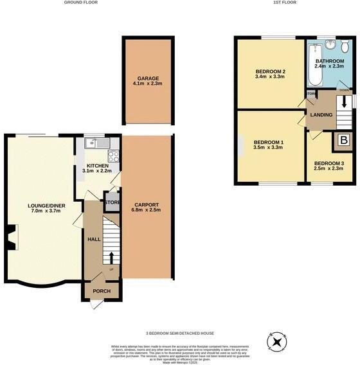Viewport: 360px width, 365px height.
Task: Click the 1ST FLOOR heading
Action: coord(284,3)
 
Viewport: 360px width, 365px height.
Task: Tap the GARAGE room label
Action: coord(148,78)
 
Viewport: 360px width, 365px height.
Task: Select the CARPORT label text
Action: coord(147,206)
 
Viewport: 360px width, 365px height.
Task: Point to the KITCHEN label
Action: coord(95,166)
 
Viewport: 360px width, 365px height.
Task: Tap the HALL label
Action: coord(93,239)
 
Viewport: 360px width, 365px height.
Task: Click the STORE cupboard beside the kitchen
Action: coord(113,202)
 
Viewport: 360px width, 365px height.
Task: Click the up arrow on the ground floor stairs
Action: coord(112,258)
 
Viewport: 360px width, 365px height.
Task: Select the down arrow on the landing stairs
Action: coord(344,102)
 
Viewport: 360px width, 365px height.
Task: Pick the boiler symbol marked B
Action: coord(343,141)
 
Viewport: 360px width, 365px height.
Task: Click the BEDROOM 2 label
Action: coord(270,71)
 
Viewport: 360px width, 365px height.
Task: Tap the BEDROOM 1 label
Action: coord(268,143)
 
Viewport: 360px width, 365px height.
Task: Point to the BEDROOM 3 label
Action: coord(328,163)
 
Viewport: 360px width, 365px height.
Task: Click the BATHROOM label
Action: coord(330,62)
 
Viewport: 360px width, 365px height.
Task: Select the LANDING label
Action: coord(321,115)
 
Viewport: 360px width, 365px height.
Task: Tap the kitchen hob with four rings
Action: coord(113,155)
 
